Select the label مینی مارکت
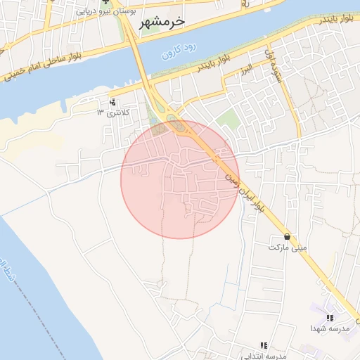coord(288,247)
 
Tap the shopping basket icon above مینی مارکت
coord(288,237)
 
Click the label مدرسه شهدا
coord(328,328)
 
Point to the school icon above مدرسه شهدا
coord(329,318)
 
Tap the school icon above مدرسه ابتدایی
coord(263,345)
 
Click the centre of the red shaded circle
coord(180,180)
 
